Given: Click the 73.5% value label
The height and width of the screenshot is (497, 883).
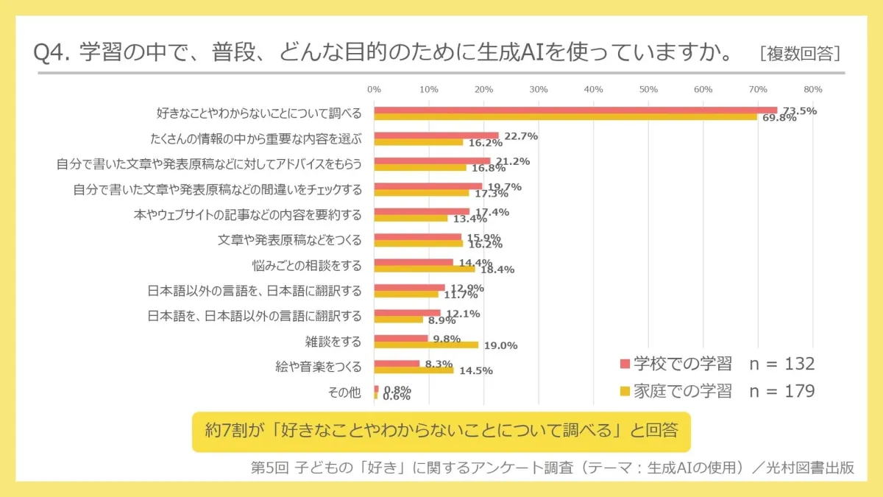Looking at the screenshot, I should click(799, 110).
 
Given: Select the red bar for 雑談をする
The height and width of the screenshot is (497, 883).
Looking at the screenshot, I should click(401, 339).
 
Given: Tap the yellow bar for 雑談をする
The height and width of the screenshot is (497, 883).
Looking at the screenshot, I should click(426, 345).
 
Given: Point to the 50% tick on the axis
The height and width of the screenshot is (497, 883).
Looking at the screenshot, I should click(648, 89).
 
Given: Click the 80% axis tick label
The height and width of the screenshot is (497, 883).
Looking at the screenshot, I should click(812, 89).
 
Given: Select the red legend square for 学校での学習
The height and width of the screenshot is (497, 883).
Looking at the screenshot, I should click(625, 364).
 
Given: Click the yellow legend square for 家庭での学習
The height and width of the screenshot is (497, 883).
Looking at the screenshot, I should click(625, 392).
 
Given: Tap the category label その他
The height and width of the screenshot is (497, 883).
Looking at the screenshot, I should click(344, 392).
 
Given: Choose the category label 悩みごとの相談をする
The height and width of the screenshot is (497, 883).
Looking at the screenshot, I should click(307, 264).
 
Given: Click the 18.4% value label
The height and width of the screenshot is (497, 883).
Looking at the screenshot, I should click(497, 269).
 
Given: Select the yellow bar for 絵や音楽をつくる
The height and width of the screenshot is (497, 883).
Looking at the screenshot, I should click(414, 370).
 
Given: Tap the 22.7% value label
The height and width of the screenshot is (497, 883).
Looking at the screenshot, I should click(521, 136).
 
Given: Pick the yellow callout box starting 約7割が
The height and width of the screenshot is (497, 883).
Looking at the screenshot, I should click(441, 431).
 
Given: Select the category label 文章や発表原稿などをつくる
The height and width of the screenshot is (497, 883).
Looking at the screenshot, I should click(290, 239).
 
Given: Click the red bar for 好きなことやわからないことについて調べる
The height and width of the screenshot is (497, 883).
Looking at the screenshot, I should click(575, 110).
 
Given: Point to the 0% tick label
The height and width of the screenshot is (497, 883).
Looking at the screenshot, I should click(374, 89).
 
